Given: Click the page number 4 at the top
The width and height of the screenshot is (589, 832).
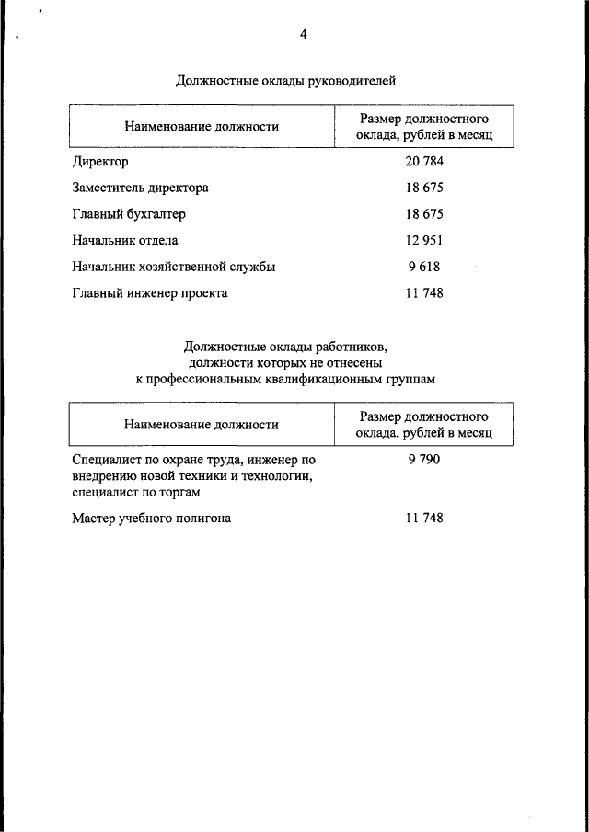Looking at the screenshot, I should click(303, 35).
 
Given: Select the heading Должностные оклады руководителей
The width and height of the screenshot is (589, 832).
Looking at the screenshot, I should click(285, 81).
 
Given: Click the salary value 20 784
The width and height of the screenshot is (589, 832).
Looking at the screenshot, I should click(424, 162).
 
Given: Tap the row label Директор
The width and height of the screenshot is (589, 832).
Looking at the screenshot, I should click(100, 162).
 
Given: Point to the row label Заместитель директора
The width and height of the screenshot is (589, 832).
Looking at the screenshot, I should click(140, 188).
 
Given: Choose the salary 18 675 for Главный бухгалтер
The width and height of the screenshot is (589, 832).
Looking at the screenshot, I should click(424, 214).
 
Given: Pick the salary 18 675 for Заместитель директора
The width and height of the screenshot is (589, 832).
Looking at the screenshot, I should click(424, 188).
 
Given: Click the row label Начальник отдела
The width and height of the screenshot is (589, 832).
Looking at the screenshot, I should click(125, 241).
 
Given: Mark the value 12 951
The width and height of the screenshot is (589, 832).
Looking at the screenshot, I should click(424, 241).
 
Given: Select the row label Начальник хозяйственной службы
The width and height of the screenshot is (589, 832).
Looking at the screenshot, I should click(174, 268).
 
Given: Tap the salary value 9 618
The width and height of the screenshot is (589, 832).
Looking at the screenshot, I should click(424, 268).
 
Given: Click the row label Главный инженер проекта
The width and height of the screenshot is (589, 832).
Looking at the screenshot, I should click(149, 294).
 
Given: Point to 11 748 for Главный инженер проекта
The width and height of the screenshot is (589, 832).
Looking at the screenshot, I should click(424, 294).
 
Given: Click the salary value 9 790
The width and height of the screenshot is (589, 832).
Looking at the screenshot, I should click(424, 458).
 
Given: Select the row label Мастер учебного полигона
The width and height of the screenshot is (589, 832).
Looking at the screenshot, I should click(151, 519).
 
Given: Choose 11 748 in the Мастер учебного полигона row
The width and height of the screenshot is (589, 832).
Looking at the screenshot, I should click(424, 519).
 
